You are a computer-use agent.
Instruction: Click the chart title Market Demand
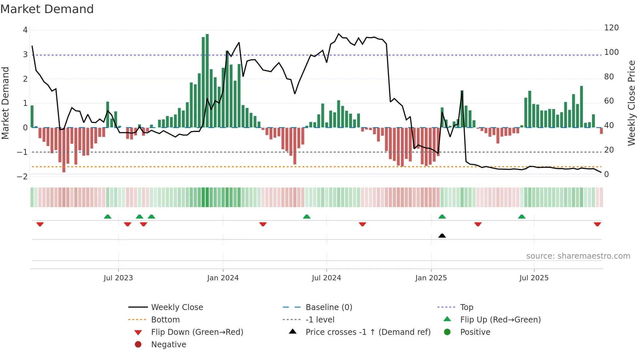pyautogui.click(x=47, y=9)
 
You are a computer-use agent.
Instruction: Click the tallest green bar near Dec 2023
pyautogui.click(x=207, y=82)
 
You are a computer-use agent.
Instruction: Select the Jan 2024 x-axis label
pyautogui.click(x=223, y=278)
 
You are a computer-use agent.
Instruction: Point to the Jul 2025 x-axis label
pyautogui.click(x=534, y=278)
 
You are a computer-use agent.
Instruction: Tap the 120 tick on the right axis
pyautogui.click(x=611, y=28)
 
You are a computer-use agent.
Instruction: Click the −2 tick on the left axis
pyautogui.click(x=23, y=177)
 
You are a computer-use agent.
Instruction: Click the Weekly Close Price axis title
pyautogui.click(x=632, y=103)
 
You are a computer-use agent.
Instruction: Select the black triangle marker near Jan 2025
pyautogui.click(x=442, y=236)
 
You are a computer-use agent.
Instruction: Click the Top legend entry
pyautogui.click(x=466, y=307)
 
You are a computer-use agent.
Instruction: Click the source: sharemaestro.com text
pyautogui.click(x=578, y=256)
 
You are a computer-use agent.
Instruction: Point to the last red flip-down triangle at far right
pyautogui.click(x=597, y=224)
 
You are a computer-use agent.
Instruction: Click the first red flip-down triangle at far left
pyautogui.click(x=40, y=224)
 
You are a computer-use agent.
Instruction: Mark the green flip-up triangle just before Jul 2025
pyautogui.click(x=521, y=217)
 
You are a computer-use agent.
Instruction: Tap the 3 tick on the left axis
pyautogui.click(x=25, y=55)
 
